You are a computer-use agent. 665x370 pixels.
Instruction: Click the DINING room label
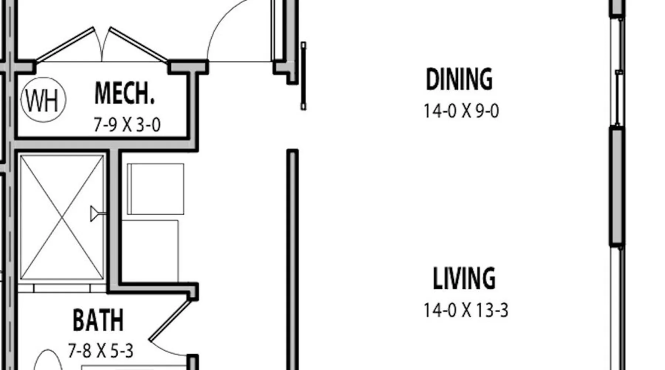[459, 79]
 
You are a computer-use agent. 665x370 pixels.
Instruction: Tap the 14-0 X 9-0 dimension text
[461, 111]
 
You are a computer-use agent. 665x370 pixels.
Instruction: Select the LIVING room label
[464, 278]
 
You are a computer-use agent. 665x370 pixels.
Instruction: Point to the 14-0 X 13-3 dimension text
[466, 310]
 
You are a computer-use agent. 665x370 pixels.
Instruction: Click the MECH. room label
[124, 93]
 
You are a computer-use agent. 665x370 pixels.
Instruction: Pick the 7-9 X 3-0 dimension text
[127, 125]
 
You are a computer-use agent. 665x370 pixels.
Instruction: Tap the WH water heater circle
[44, 100]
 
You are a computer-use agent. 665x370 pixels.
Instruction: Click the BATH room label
[98, 320]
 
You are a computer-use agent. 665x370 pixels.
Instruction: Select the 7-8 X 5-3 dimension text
[100, 351]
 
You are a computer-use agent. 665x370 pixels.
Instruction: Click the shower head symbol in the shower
[97, 214]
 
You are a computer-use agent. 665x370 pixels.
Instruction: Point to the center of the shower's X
[62, 217]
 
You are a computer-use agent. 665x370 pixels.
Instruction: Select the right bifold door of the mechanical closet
[138, 44]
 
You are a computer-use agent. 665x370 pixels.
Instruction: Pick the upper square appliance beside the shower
[156, 189]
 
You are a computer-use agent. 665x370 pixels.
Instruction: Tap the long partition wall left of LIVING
[293, 259]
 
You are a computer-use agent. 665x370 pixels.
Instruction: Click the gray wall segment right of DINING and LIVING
[617, 186]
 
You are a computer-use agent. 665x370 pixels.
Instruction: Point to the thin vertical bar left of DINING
[303, 76]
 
